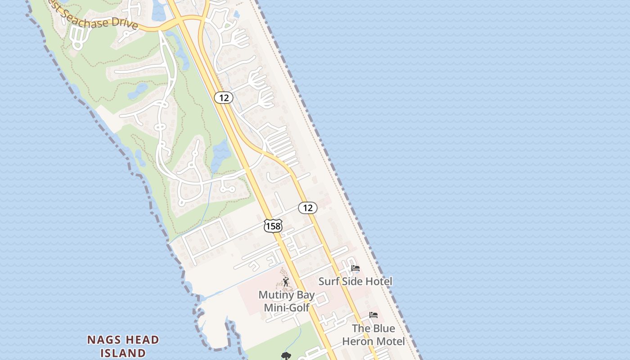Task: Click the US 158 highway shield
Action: (x=273, y=226)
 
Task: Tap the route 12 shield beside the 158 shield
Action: (x=308, y=207)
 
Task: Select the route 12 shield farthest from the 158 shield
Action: (x=223, y=97)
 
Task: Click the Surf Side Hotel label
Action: (x=355, y=282)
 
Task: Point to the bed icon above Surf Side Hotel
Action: (x=355, y=269)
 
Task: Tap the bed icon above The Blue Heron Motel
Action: (x=373, y=315)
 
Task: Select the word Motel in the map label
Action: (x=390, y=342)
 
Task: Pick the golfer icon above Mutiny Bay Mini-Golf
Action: (x=286, y=282)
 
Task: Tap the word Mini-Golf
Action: (x=287, y=308)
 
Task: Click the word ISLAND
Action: (x=123, y=353)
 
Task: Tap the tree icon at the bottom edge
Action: (x=286, y=356)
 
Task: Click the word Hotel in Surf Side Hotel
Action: (x=378, y=282)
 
